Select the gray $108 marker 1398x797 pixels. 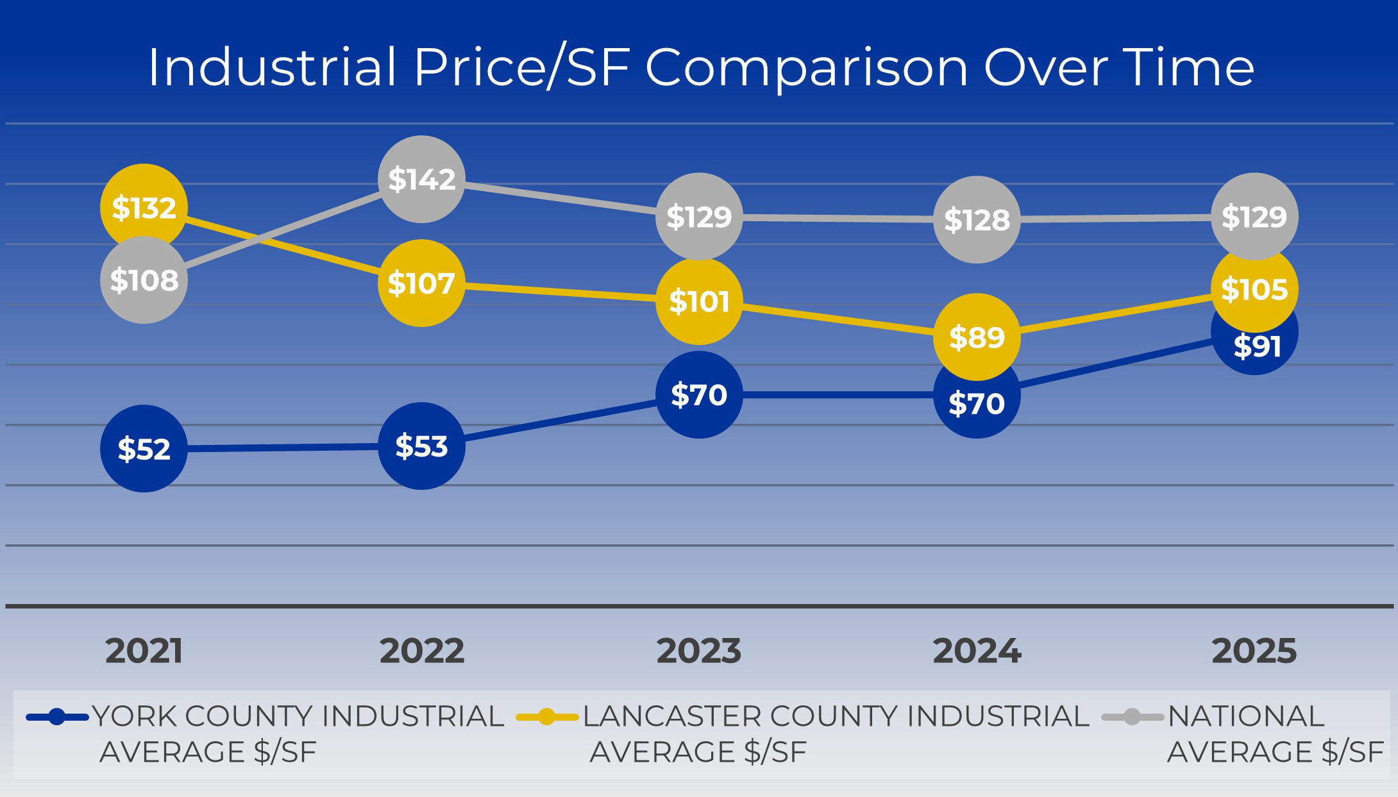(144, 280)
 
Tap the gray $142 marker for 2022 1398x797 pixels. (421, 179)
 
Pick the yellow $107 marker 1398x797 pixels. (421, 283)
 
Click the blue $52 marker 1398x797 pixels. (144, 448)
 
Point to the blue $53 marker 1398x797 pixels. (421, 446)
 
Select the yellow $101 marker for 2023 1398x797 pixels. (699, 301)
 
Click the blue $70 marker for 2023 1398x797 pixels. (699, 394)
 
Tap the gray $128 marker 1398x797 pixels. (977, 219)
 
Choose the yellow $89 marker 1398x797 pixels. (977, 337)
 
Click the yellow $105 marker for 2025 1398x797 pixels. (1254, 289)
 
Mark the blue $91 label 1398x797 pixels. (1257, 347)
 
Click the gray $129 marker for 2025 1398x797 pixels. (1254, 216)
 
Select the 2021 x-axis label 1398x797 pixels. (144, 651)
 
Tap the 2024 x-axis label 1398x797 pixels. (977, 651)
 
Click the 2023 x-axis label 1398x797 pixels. (699, 651)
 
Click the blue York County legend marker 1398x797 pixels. (56, 717)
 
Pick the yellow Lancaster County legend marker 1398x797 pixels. (547, 717)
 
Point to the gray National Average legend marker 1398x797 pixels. (1133, 717)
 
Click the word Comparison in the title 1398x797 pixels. (806, 68)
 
